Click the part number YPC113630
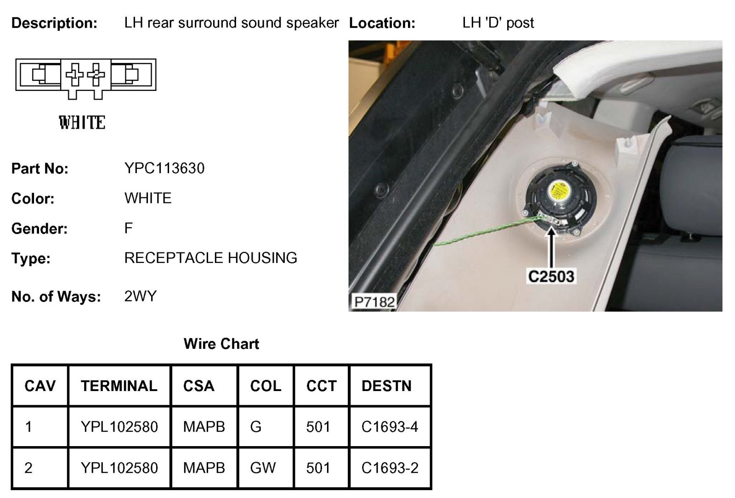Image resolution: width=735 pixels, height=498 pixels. (164, 168)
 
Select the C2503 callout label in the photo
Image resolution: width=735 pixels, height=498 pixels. (551, 276)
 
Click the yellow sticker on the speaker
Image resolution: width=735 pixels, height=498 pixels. (560, 190)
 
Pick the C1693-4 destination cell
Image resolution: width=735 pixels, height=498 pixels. (390, 427)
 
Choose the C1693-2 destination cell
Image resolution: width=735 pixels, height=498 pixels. (390, 468)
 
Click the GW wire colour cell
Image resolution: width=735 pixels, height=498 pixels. (263, 468)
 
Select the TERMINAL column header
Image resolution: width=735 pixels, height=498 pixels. (119, 386)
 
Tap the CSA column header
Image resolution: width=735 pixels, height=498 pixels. (198, 386)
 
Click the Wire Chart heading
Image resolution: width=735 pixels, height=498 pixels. (221, 344)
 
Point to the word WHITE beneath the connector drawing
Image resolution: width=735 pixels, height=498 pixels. (82, 123)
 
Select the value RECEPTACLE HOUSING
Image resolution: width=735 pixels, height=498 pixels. (210, 258)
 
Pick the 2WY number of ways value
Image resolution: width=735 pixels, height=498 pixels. (140, 296)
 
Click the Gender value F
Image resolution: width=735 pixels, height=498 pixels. (128, 228)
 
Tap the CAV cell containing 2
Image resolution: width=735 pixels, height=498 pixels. (28, 468)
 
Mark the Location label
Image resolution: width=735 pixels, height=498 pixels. (382, 23)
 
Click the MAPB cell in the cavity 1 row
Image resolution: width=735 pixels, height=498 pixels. (204, 427)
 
